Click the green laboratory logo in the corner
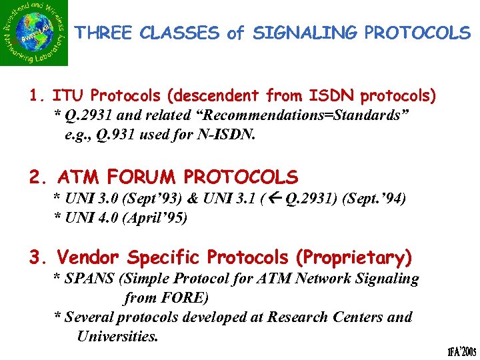(34, 33)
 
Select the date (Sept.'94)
(374, 199)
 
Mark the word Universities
(118, 336)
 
